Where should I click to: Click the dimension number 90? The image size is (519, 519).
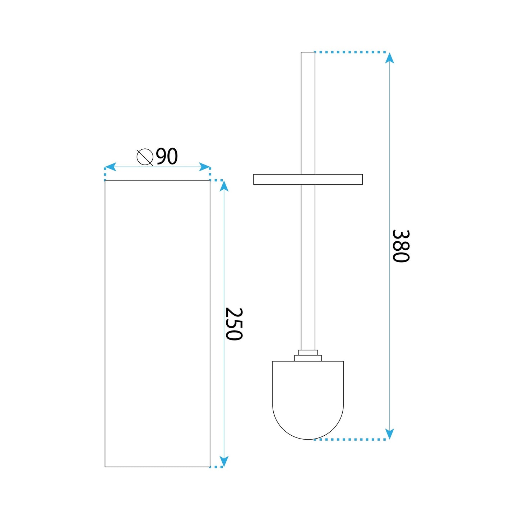pyautogui.click(x=167, y=157)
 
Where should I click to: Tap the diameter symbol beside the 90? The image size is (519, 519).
pyautogui.click(x=145, y=157)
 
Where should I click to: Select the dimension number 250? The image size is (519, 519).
pyautogui.click(x=234, y=324)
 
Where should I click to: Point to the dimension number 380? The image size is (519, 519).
pyautogui.click(x=400, y=246)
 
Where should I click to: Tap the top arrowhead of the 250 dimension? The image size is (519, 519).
pyautogui.click(x=224, y=186)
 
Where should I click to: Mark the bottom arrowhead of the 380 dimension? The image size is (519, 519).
pyautogui.click(x=389, y=434)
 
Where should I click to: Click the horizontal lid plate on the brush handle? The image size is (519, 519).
pyautogui.click(x=308, y=179)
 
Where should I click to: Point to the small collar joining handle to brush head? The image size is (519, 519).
pyautogui.click(x=308, y=356)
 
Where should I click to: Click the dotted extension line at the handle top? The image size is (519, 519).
pyautogui.click(x=350, y=52)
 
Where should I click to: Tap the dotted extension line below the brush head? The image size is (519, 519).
pyautogui.click(x=350, y=439)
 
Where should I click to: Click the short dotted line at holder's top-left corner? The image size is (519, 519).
pyautogui.click(x=105, y=174)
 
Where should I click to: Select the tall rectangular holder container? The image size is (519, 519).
pyautogui.click(x=157, y=323)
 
